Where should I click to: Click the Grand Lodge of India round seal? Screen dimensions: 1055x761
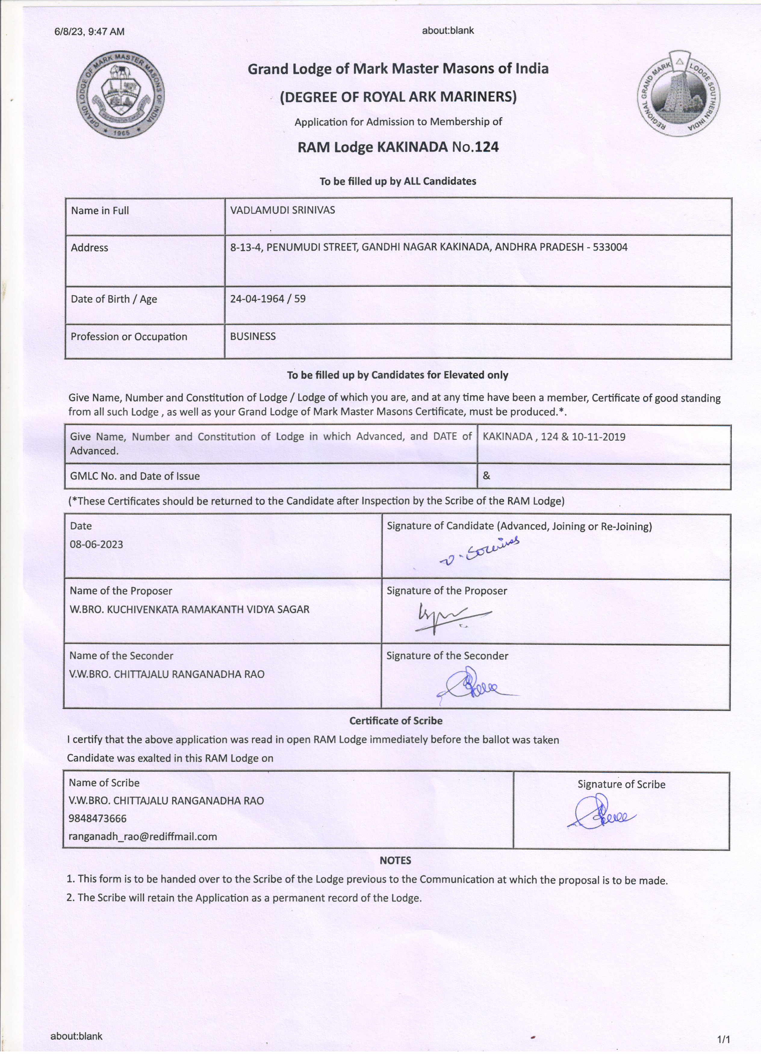pyautogui.click(x=120, y=95)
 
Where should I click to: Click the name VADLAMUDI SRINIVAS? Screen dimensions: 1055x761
pyautogui.click(x=283, y=210)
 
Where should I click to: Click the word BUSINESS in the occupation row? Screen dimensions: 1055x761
pyautogui.click(x=253, y=336)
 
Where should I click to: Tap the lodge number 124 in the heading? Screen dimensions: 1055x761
pyautogui.click(x=487, y=147)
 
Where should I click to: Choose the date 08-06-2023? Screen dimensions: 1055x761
pyautogui.click(x=96, y=544)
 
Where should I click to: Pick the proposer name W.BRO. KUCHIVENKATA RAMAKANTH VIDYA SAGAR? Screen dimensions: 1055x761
pyautogui.click(x=189, y=609)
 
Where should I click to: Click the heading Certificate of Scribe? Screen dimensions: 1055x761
pyautogui.click(x=396, y=720)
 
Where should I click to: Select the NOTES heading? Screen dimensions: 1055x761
pyautogui.click(x=395, y=861)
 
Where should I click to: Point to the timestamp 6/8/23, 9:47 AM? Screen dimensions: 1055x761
pyautogui.click(x=89, y=32)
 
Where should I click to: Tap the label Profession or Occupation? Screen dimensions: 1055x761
pyautogui.click(x=129, y=337)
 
